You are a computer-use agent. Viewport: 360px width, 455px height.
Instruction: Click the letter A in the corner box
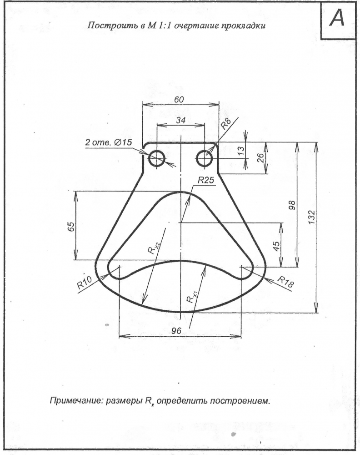(337, 18)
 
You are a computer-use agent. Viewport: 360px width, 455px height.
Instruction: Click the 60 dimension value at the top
(179, 100)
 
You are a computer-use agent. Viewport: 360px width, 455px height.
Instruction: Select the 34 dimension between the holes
(180, 120)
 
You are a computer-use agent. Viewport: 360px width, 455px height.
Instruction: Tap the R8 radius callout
(226, 124)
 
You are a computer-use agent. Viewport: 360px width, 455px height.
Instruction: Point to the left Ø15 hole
(156, 158)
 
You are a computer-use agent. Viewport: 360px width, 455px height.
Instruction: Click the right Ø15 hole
(205, 158)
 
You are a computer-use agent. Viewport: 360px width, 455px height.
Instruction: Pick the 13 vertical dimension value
(241, 151)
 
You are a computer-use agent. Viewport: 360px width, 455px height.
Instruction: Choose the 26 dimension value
(260, 157)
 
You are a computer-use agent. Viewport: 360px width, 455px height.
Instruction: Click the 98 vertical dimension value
(292, 205)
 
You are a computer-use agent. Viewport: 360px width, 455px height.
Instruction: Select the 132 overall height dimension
(311, 217)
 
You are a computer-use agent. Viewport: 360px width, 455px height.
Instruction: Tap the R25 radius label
(206, 180)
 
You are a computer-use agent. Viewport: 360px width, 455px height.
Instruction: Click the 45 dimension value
(277, 246)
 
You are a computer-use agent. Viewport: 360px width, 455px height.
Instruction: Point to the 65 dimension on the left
(71, 226)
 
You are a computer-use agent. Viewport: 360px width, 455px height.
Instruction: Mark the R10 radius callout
(85, 283)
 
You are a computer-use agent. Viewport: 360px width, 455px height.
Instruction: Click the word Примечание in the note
(76, 401)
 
